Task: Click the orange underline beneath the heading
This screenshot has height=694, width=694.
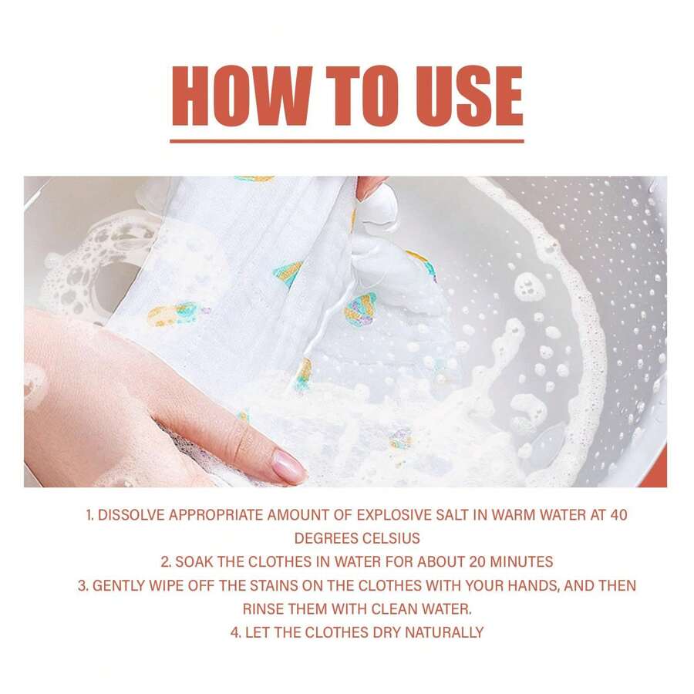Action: (346, 141)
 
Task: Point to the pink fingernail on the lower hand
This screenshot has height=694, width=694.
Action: (288, 467)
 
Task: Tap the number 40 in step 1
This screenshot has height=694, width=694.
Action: (618, 515)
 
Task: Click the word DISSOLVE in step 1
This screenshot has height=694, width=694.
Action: (128, 515)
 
